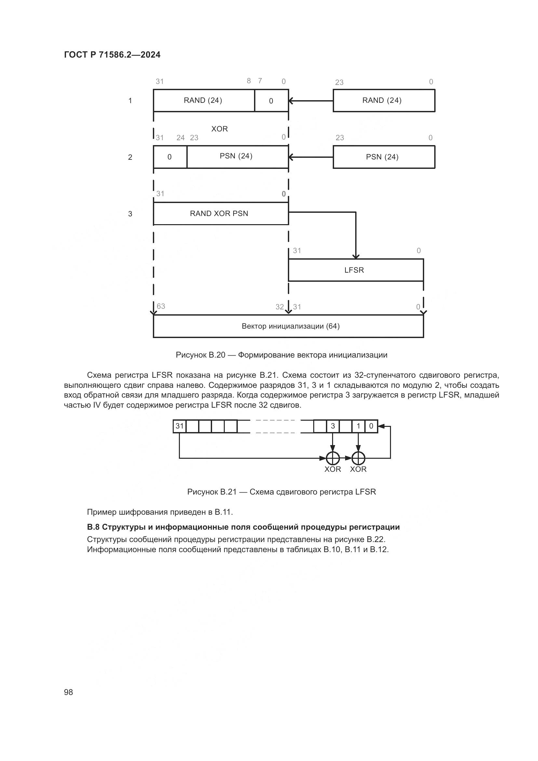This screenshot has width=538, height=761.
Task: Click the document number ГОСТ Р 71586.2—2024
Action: (x=112, y=55)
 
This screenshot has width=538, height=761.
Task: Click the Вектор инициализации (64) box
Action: (x=288, y=326)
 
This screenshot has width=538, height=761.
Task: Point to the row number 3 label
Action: (x=130, y=214)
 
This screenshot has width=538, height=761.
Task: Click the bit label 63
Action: (x=161, y=306)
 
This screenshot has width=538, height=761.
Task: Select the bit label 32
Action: (x=280, y=307)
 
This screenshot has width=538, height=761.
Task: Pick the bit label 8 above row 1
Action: (x=249, y=81)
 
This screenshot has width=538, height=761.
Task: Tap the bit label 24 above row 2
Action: (x=181, y=138)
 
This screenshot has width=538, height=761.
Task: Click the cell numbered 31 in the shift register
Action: (x=180, y=426)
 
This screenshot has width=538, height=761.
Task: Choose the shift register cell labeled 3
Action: (x=333, y=426)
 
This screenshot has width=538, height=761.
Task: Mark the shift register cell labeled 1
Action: (x=358, y=426)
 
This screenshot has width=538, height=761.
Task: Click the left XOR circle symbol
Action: (x=333, y=458)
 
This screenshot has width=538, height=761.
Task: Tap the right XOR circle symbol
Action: (x=358, y=458)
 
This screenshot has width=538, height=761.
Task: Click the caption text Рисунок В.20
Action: (x=200, y=355)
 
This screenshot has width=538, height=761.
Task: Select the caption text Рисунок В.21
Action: (x=212, y=492)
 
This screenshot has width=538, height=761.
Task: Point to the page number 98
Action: (x=69, y=692)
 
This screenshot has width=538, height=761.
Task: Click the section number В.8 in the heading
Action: (x=93, y=527)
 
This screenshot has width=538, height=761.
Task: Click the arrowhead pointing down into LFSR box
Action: (x=356, y=256)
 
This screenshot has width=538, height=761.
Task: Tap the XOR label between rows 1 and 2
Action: (x=220, y=129)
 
